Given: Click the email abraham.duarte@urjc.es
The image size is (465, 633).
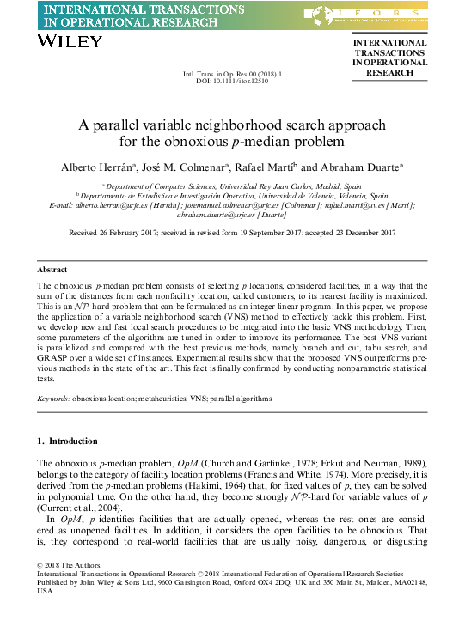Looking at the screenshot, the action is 232,215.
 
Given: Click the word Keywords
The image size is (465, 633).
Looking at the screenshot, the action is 53,399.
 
